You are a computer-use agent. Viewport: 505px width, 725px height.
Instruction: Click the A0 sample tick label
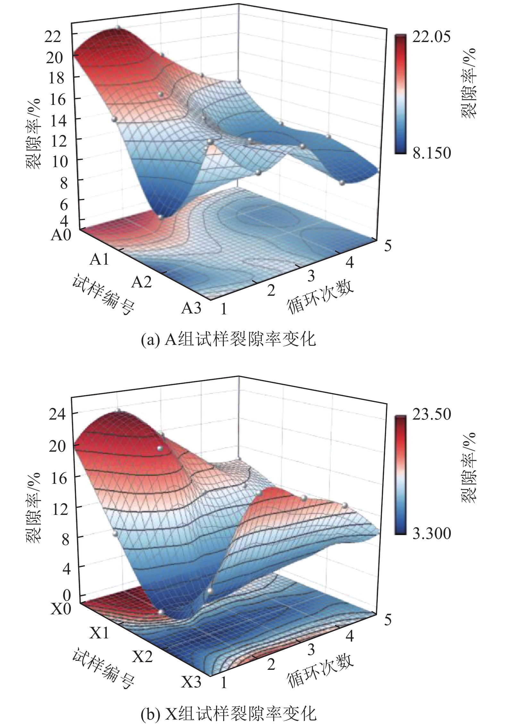pos(61,236)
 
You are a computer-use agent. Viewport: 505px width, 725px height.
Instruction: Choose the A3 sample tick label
pos(191,308)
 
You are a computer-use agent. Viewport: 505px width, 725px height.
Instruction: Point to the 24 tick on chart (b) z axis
pos(57,414)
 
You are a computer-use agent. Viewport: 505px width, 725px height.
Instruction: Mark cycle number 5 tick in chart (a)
pos(388,246)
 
